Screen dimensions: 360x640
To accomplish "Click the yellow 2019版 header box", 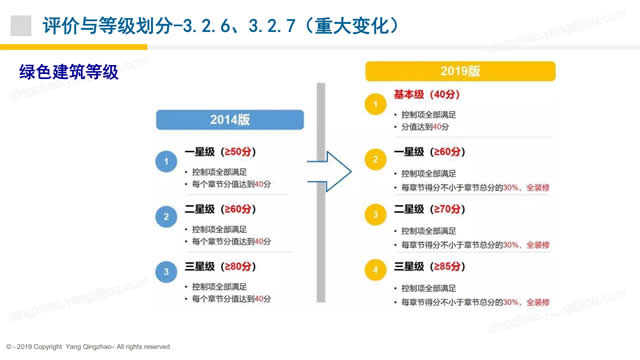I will (460, 72).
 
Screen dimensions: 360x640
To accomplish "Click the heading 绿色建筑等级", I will (69, 71).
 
